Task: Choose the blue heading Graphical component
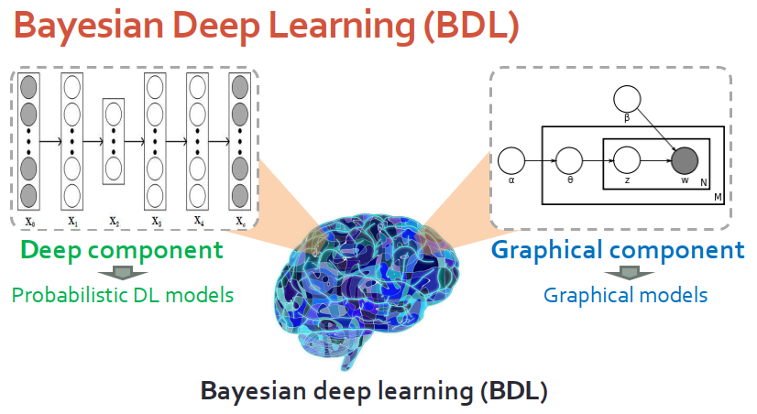(618, 250)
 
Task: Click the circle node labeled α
(511, 162)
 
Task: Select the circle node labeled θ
(570, 162)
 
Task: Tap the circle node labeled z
(627, 162)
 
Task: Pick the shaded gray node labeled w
(684, 162)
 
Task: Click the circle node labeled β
(627, 99)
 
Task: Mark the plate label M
(718, 198)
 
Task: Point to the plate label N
(703, 183)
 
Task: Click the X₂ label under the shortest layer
(114, 221)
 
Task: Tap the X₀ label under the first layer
(29, 221)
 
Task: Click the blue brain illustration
(371, 284)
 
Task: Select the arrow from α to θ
(541, 162)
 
